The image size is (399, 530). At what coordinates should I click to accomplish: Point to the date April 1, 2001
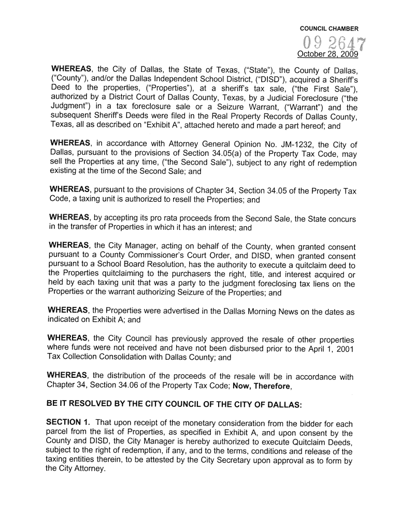327,349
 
